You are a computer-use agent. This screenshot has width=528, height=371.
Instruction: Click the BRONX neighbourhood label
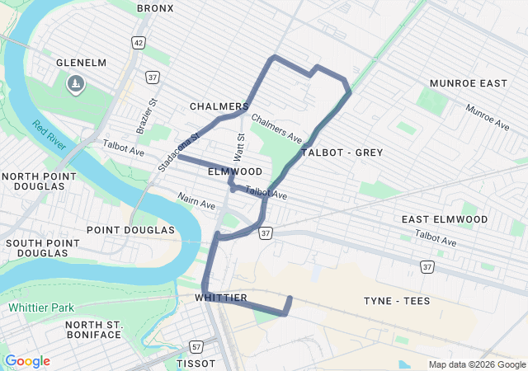(155, 7)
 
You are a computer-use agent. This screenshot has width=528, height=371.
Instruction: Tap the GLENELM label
(82, 63)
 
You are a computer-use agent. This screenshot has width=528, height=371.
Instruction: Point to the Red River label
(50, 139)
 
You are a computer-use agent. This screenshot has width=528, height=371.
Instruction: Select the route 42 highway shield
(138, 42)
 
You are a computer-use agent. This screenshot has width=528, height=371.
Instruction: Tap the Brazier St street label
(146, 116)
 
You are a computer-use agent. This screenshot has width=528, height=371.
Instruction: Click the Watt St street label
(240, 147)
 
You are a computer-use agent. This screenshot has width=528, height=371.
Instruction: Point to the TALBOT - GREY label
(342, 153)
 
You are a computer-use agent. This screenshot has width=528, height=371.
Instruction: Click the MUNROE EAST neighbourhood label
(468, 83)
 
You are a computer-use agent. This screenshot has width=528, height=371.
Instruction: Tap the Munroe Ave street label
(487, 117)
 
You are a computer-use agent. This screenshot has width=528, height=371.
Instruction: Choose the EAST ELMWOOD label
(444, 219)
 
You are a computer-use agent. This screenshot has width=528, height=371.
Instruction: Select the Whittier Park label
(41, 308)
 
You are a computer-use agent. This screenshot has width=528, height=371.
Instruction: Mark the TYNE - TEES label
(397, 301)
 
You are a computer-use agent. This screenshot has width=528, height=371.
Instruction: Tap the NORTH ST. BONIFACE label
(94, 330)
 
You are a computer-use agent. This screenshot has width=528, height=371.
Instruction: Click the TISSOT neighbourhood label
(196, 364)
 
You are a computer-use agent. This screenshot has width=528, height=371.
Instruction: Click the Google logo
(27, 361)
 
